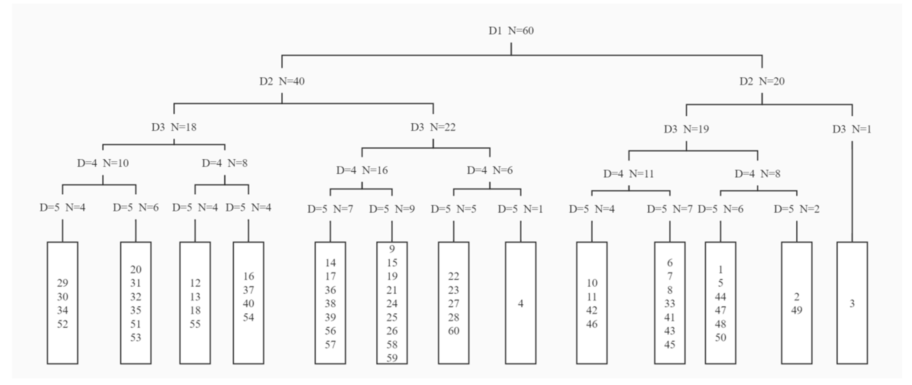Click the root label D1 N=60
pos(511,31)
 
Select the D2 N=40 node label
pos(282,81)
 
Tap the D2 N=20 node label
pos(762,81)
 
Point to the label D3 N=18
pos(174,127)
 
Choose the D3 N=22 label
pos(433,127)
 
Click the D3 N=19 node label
pos(686,129)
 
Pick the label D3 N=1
pos(852,129)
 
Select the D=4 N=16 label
pos(362,170)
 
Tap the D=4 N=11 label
pos(628,174)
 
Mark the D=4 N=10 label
pos(103,163)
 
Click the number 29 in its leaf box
pos(62,283)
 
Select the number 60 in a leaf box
pos(453,331)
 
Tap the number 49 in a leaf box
pos(797,310)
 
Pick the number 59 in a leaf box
pos(392,358)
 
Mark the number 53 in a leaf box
pos(136,337)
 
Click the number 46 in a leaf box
pos(592,324)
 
